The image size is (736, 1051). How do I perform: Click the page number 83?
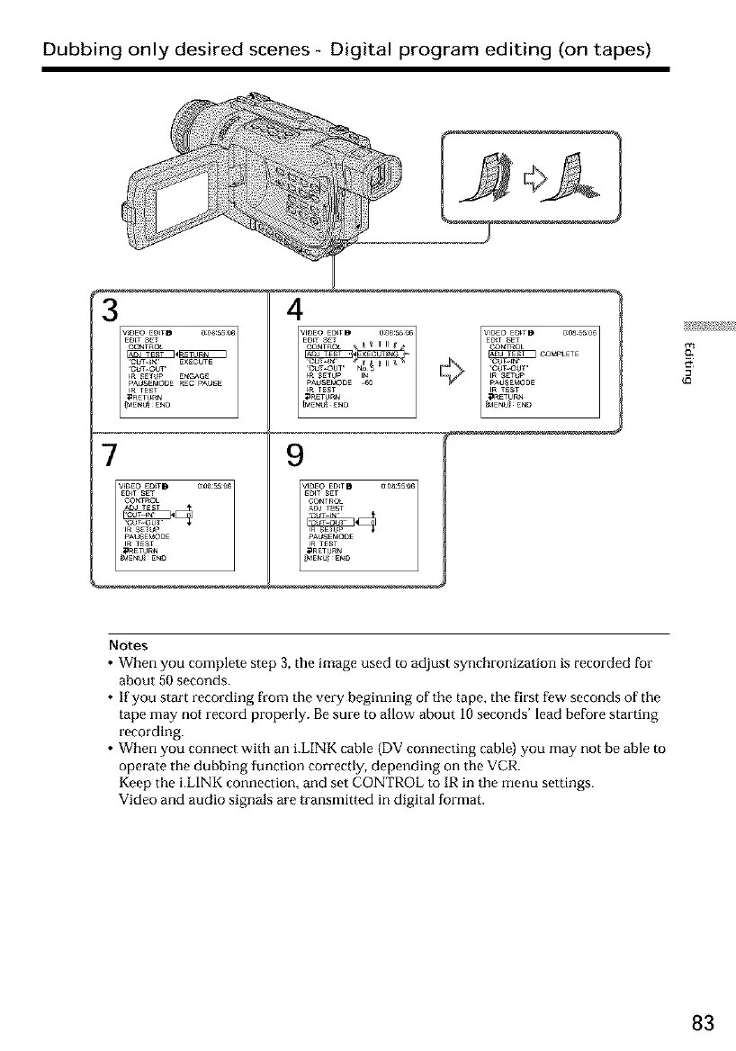pyautogui.click(x=704, y=1023)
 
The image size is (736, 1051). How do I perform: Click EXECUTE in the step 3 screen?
pyautogui.click(x=193, y=361)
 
